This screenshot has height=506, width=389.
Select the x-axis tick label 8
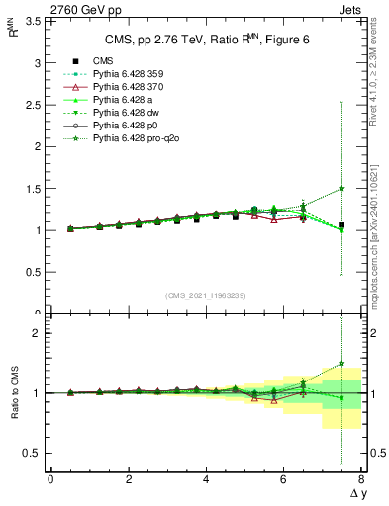(361, 479)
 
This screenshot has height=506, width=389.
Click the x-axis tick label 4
(206, 479)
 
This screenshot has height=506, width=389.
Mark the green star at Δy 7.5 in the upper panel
(341, 189)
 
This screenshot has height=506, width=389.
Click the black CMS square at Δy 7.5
(341, 225)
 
